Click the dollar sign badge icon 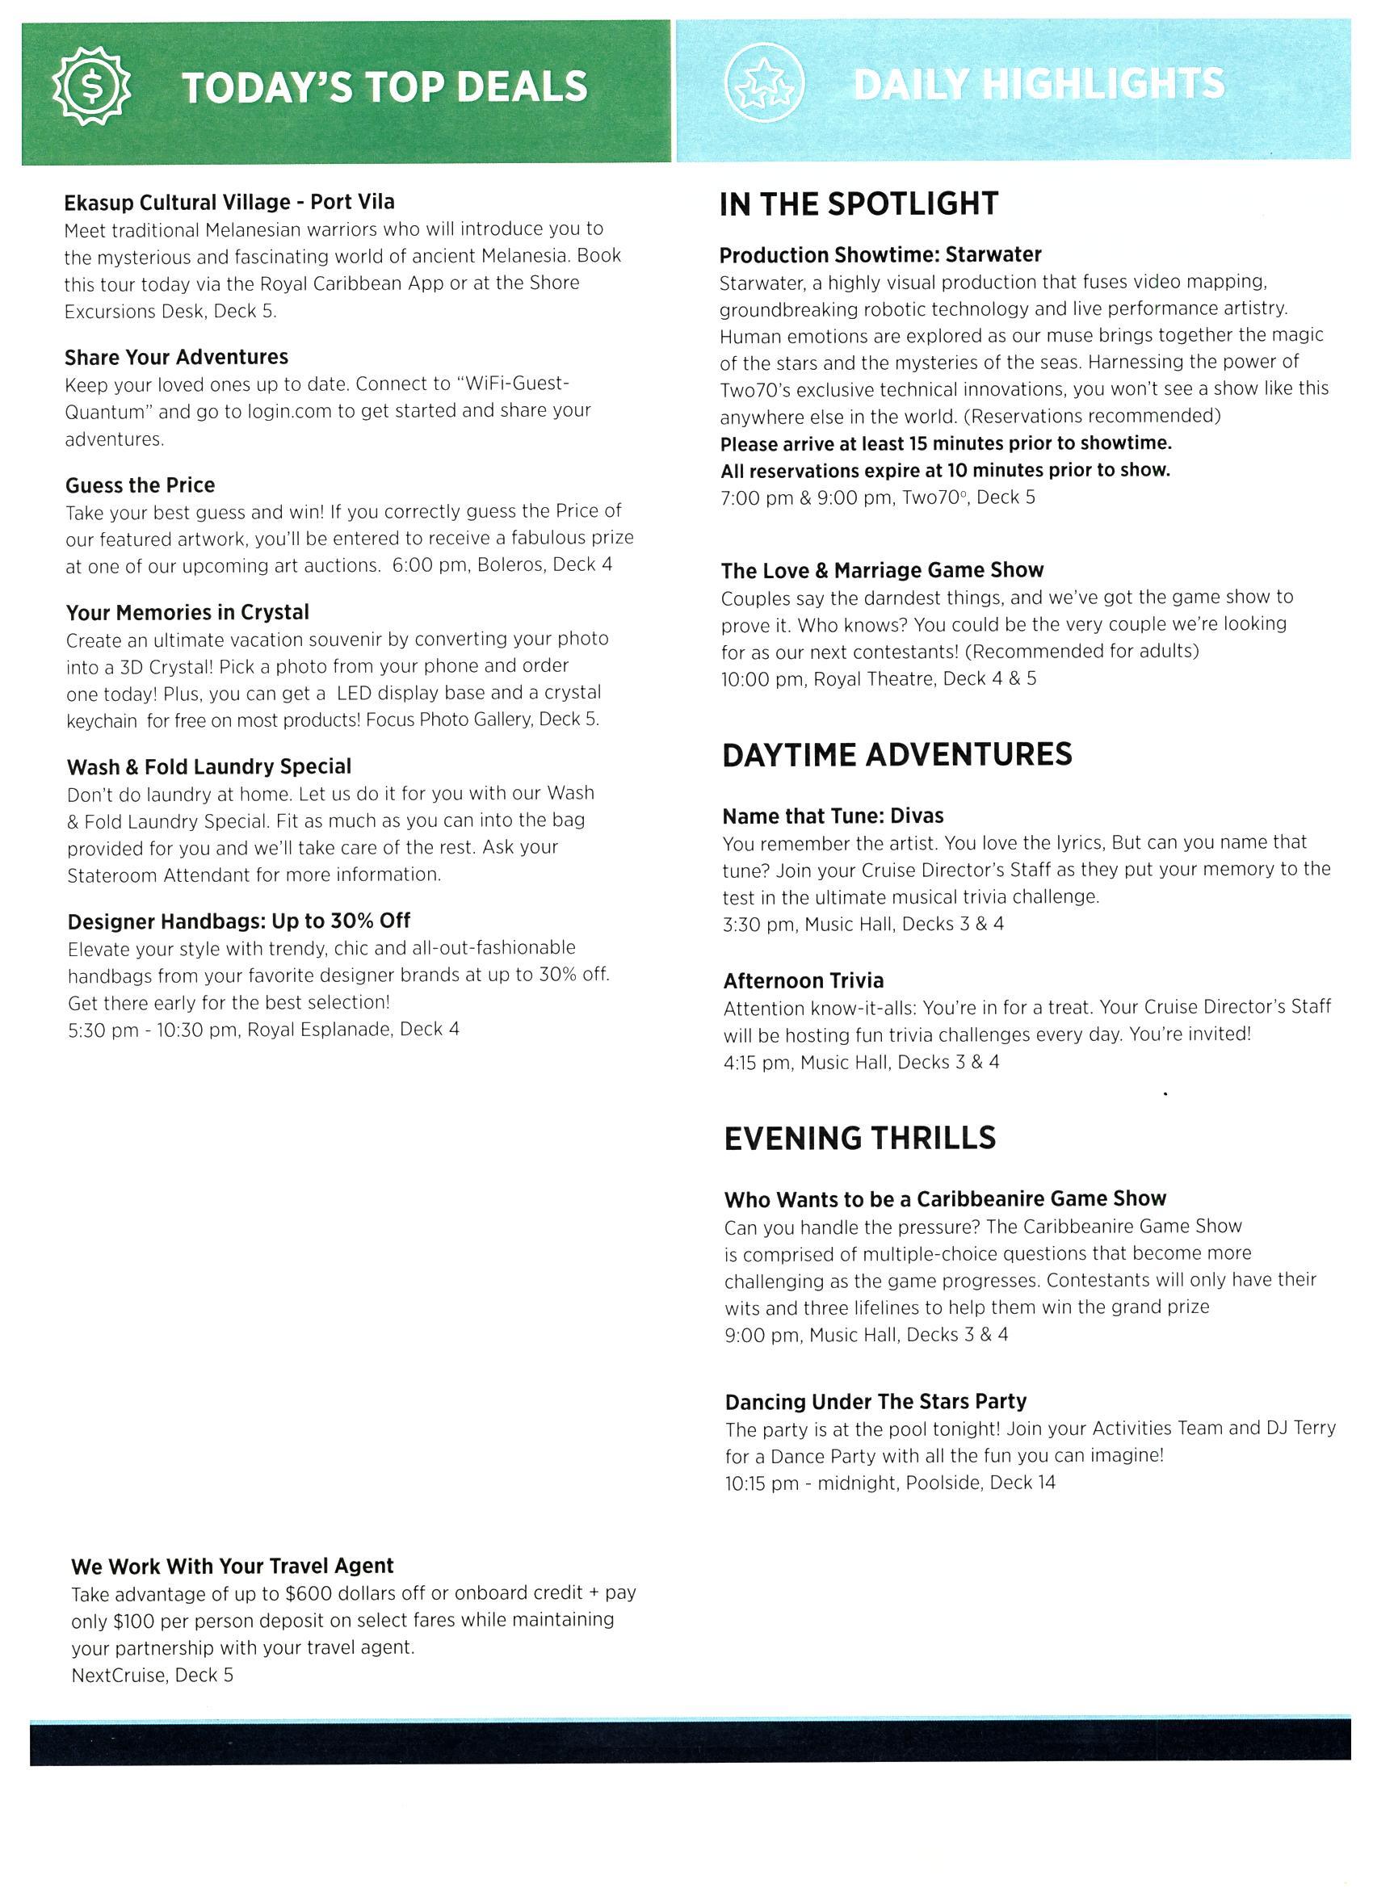[92, 84]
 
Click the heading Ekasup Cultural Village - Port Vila [229, 202]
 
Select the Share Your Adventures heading [177, 357]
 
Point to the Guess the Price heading [140, 485]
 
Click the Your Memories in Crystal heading [187, 613]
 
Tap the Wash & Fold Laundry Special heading [209, 766]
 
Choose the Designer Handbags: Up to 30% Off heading [239, 921]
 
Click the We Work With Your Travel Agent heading [233, 1566]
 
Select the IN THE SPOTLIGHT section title [859, 204]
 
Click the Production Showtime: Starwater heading [880, 254]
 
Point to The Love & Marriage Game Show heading [882, 570]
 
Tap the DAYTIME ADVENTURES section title [896, 754]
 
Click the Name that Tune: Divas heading [833, 816]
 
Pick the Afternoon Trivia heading [804, 980]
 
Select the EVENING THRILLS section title [859, 1138]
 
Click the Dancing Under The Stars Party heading [875, 1402]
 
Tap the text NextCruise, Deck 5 [153, 1675]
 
